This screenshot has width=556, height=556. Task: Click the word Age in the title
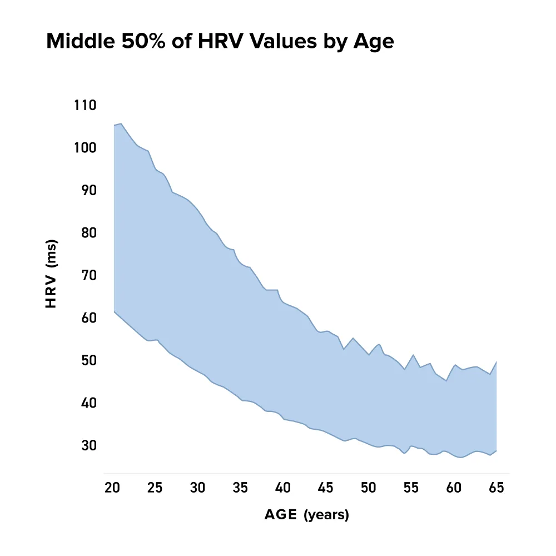pos(374,42)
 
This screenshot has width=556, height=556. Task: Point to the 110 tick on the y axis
pos(85,105)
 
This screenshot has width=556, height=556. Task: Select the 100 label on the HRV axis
pos(85,148)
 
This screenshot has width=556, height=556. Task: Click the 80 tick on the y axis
pos(88,233)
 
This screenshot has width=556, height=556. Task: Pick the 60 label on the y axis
pos(88,318)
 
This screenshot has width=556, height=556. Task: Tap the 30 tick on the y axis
pos(88,445)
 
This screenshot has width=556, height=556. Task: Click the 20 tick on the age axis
pos(112,488)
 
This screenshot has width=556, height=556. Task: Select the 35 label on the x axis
pos(240,488)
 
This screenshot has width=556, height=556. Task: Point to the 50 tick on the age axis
pos(368,488)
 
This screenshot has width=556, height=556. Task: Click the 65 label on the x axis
pos(496,488)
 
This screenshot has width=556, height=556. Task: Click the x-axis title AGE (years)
pos(306,515)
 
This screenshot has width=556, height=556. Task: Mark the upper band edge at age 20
pos(113,125)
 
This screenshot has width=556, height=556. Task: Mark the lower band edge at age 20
pos(113,312)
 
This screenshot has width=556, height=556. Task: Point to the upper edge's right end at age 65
pos(496,362)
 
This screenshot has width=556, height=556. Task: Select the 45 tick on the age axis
pos(325,488)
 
